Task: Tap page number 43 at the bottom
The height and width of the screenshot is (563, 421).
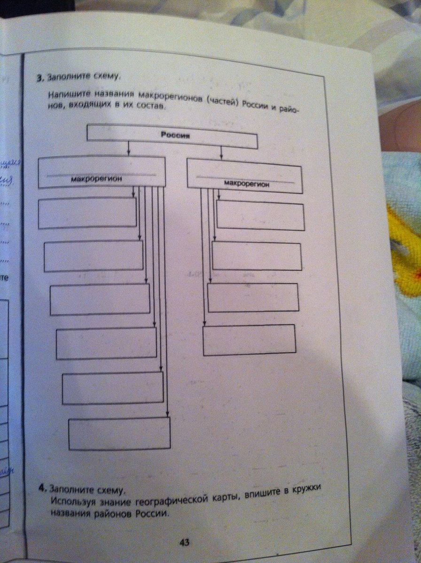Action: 184,543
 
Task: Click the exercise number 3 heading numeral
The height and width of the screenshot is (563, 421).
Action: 41,78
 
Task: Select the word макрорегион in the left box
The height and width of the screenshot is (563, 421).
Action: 97,179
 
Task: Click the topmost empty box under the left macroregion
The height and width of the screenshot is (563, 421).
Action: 87,213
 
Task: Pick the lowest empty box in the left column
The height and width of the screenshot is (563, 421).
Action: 119,434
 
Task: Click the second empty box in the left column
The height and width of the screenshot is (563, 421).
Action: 94,256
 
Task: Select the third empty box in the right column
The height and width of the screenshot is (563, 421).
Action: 253,297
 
